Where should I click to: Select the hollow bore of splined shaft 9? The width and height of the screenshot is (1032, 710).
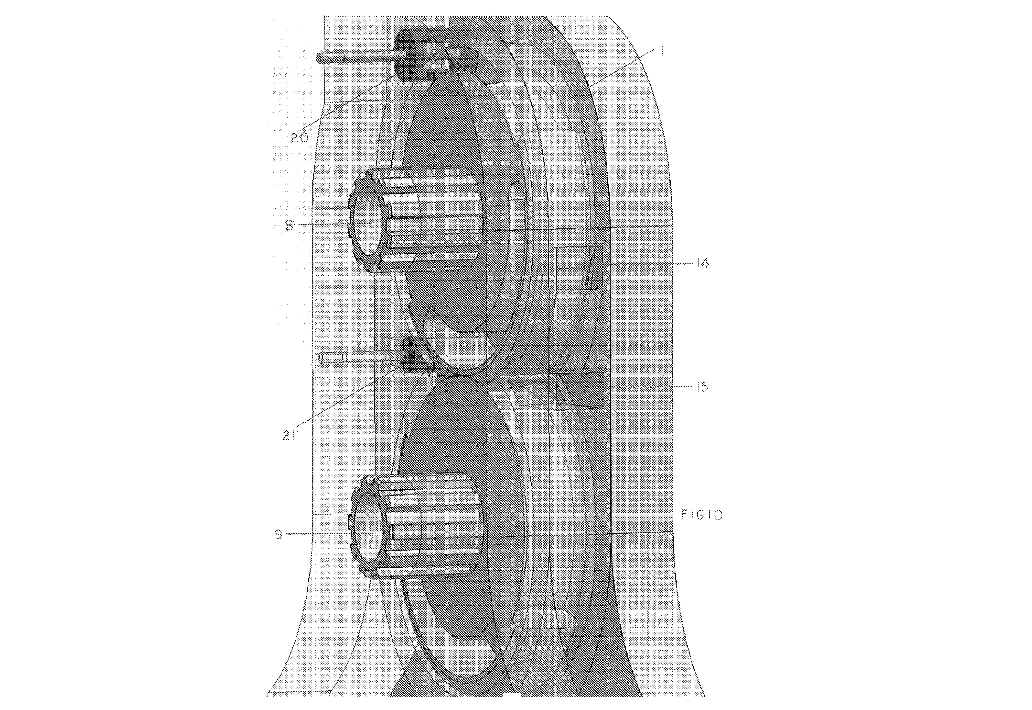[x=369, y=532]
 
